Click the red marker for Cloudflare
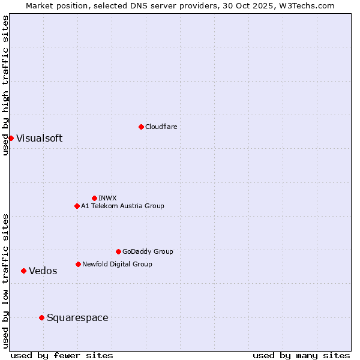[141, 127]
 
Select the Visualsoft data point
[11, 138]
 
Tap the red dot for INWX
[94, 198]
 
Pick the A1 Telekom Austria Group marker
[77, 206]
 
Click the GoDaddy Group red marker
[118, 251]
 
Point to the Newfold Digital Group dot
[78, 264]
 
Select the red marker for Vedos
[23, 271]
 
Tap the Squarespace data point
[41, 317]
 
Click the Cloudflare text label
[161, 127]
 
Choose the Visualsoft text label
[39, 138]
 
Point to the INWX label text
[107, 198]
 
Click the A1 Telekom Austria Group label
[122, 206]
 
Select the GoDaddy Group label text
[148, 251]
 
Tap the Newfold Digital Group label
[117, 264]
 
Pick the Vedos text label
[43, 271]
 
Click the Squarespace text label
[77, 317]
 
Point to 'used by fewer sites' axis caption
[62, 355]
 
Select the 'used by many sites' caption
[301, 355]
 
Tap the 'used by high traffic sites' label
[5, 85]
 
